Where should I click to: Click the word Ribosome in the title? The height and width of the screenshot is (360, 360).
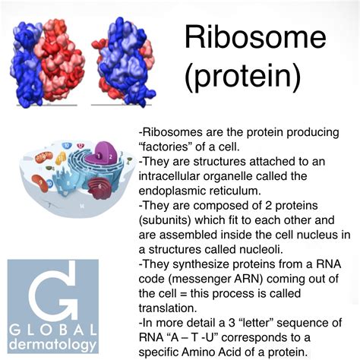(255, 37)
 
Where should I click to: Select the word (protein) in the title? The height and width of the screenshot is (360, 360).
(243, 75)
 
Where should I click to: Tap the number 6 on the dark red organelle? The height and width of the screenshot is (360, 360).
(99, 186)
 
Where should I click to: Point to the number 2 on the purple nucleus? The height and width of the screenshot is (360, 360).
(110, 156)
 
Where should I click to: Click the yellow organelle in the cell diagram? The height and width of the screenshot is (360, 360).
(61, 158)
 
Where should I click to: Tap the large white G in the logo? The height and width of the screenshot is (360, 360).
(52, 291)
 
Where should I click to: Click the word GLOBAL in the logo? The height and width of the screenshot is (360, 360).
(53, 330)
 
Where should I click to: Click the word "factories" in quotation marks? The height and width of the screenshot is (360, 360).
(166, 147)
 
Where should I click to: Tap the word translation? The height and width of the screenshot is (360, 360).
(168, 308)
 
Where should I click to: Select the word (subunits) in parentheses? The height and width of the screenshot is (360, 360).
(165, 220)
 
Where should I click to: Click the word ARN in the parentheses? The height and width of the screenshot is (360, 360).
(249, 279)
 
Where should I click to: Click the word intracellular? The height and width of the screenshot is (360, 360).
(169, 176)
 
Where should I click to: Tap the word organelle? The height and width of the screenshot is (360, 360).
(228, 177)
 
